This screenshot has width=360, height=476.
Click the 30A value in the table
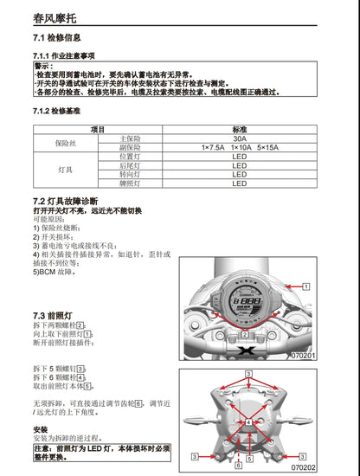pyautogui.click(x=239, y=138)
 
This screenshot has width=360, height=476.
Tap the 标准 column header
pyautogui.click(x=239, y=128)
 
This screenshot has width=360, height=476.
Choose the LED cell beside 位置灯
pyautogui.click(x=239, y=156)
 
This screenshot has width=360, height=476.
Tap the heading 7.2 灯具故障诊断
pyautogui.click(x=72, y=201)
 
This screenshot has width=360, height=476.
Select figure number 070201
pyautogui.click(x=303, y=355)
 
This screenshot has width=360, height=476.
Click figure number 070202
pyautogui.click(x=303, y=466)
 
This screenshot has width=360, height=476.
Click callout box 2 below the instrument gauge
pyautogui.click(x=245, y=333)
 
